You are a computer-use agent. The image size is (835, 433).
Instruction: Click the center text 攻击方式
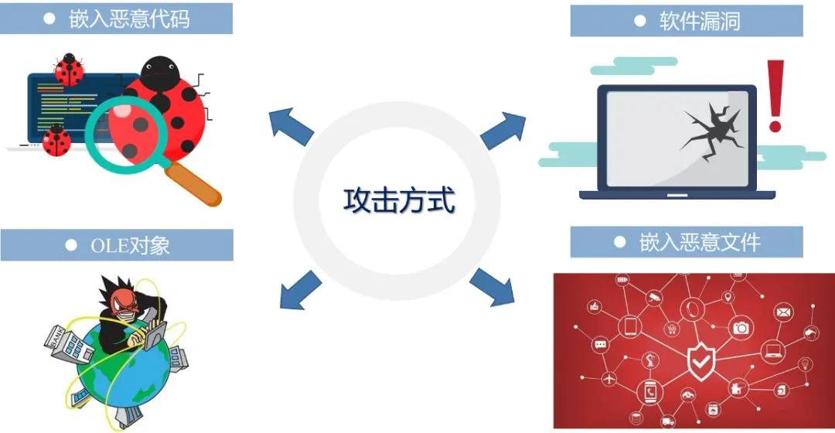pos(399,201)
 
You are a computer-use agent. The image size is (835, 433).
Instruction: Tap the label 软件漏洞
pos(700,21)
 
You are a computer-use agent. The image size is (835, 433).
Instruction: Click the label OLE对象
pos(130,246)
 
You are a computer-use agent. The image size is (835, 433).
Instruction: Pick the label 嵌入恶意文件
pos(700,243)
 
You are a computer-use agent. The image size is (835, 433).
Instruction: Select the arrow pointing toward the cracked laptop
pos(503,128)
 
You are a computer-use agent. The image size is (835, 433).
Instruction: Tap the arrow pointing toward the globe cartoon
pos(300,289)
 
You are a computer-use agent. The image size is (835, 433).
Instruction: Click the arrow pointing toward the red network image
pos(492,286)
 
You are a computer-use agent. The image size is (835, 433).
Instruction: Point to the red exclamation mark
pos(775,97)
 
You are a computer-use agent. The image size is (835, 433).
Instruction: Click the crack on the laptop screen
pos(712,131)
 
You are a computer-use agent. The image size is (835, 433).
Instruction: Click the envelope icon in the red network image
pos(783,312)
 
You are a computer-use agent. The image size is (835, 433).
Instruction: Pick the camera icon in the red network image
pos(741,327)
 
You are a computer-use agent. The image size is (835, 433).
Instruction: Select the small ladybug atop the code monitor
pos(70,70)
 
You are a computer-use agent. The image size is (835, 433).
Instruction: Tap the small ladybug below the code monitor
pos(56,141)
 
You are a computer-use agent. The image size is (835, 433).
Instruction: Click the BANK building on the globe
pos(63,344)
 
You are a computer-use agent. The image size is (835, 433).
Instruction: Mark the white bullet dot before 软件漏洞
pos(639,21)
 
